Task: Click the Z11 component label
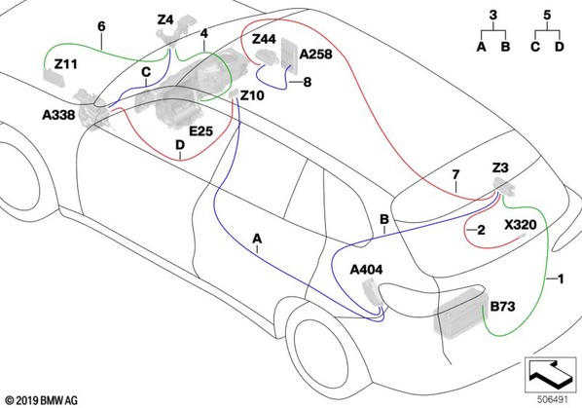coord(66,64)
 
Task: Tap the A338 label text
coord(58,115)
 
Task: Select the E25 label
coord(200,131)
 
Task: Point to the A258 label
coord(315,55)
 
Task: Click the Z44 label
coord(264,39)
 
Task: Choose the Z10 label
coord(252,95)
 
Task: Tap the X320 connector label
coord(521,225)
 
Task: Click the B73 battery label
coord(502,307)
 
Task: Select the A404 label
coord(366,270)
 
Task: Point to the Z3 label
coord(500,168)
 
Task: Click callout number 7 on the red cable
coord(455,174)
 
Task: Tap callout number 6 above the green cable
coord(101,26)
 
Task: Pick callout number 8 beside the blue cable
coord(308,82)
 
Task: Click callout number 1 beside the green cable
coord(561,278)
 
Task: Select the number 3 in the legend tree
coord(492,16)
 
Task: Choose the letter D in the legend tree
coord(559,47)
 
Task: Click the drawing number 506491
coord(553,399)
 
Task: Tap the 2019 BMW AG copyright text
coord(42,400)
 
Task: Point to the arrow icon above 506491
coord(550,375)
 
